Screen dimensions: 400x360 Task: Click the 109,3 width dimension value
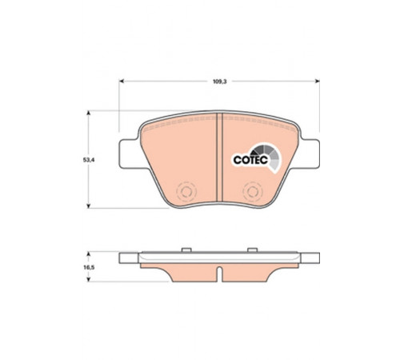point(219,82)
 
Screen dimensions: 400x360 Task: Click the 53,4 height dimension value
point(89,160)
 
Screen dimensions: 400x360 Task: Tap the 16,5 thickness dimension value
point(89,267)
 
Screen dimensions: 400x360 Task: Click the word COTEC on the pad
point(250,160)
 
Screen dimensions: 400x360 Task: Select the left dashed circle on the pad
point(186,191)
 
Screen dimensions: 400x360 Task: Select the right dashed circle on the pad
point(253,191)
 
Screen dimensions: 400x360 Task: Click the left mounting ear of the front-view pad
point(130,154)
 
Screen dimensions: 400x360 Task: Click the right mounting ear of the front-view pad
point(309,154)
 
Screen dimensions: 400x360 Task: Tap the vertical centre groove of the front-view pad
point(219,158)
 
